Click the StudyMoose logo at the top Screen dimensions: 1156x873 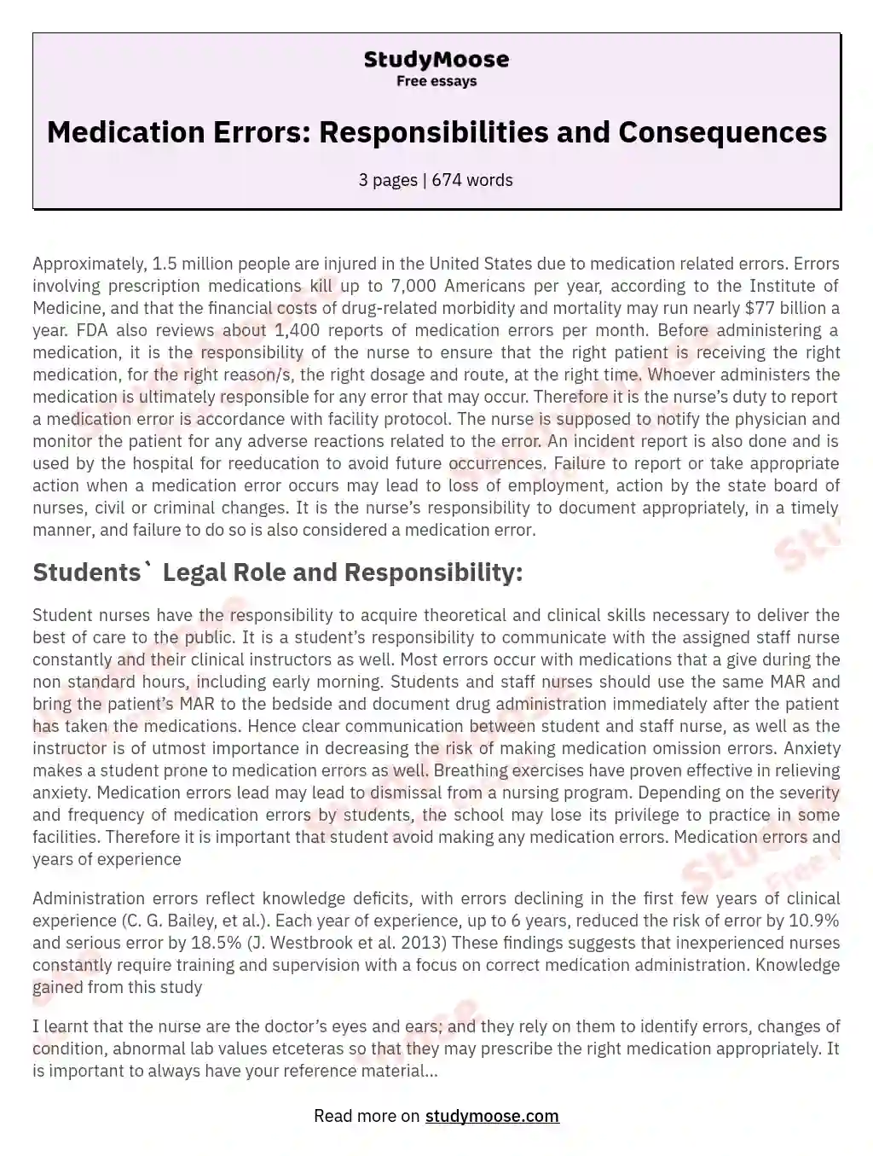(436, 60)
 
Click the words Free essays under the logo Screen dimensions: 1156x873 (436, 82)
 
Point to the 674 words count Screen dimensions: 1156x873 (472, 180)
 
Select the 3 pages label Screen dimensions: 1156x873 (387, 180)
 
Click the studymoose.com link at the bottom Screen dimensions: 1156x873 (492, 1116)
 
